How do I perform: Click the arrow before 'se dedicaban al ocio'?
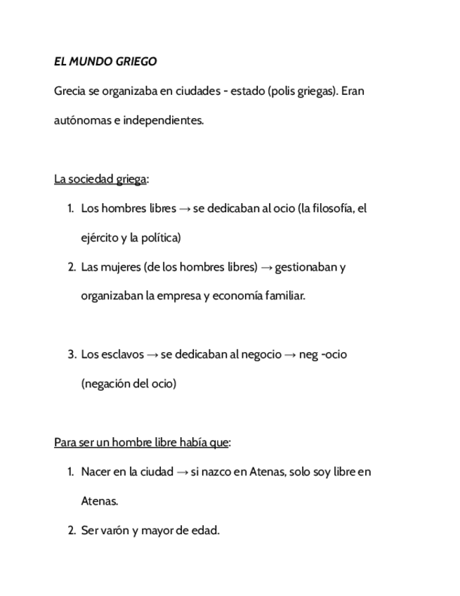[x=185, y=209]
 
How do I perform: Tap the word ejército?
[x=99, y=238]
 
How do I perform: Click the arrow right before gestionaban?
[x=266, y=268]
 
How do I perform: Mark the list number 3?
[x=72, y=354]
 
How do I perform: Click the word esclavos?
[x=122, y=354]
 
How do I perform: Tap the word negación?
[x=106, y=384]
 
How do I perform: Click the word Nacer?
[x=96, y=472]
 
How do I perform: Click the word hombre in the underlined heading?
[x=132, y=442]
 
